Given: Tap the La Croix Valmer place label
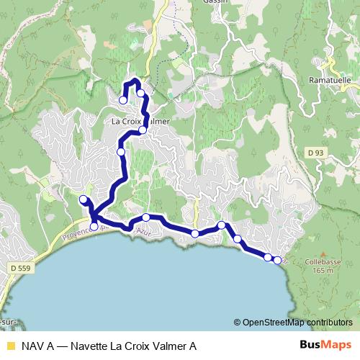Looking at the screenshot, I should click(x=141, y=121).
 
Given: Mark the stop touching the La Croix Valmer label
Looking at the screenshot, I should click(x=143, y=130).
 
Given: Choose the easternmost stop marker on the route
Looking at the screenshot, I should click(x=277, y=259).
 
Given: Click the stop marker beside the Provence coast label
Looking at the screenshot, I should click(x=94, y=227).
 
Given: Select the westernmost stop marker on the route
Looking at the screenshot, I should click(x=83, y=199).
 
